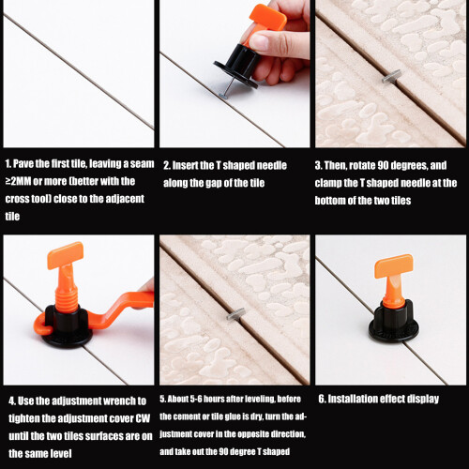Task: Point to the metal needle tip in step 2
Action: (x=224, y=96)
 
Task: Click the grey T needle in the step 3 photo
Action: (x=391, y=76)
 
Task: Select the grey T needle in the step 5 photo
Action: (x=236, y=314)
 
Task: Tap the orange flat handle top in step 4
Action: (x=65, y=255)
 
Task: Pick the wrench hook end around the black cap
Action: (x=40, y=326)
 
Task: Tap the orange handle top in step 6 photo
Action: (x=394, y=266)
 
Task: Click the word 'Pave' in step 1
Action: (x=23, y=163)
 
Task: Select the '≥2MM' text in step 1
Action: (x=18, y=181)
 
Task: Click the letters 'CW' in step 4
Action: (x=143, y=418)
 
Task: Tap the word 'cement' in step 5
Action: (x=188, y=416)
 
